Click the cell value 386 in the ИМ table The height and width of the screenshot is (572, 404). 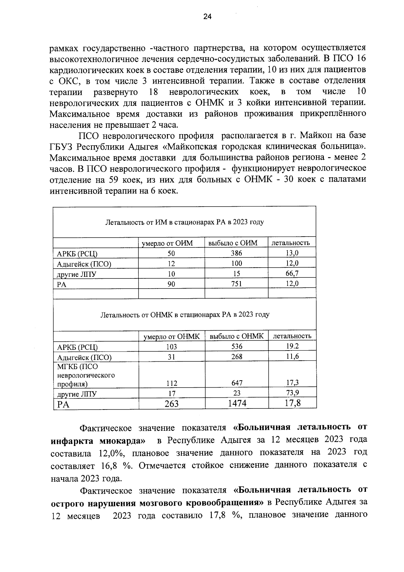[x=237, y=253]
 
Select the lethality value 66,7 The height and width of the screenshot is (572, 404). [x=292, y=273]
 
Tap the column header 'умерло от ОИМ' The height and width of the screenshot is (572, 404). [x=171, y=243]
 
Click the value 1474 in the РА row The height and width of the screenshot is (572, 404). [x=237, y=403]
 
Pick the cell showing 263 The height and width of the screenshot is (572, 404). [x=171, y=403]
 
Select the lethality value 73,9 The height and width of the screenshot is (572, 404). [x=292, y=392]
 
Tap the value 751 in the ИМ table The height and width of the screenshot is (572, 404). [x=237, y=284]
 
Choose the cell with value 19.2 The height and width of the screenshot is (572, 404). [x=292, y=346]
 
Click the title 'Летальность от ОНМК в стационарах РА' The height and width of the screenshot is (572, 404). [x=185, y=315]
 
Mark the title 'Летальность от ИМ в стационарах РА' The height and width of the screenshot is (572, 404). [x=184, y=222]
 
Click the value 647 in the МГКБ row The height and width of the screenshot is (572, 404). [x=237, y=383]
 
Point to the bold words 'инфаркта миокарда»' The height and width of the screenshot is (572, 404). [x=98, y=441]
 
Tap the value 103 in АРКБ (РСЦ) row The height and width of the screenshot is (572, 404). [x=171, y=347]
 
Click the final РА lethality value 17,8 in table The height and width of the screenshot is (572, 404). [x=292, y=403]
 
